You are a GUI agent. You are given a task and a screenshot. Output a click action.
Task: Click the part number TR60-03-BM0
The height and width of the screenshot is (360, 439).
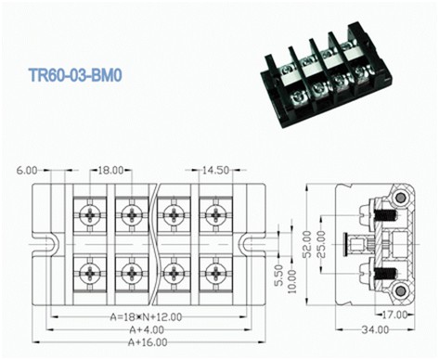[x=75, y=75]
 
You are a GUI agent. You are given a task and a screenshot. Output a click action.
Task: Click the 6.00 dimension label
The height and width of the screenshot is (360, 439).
[x=27, y=171]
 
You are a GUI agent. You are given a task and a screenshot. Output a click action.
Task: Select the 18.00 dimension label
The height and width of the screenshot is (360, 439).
[x=110, y=170]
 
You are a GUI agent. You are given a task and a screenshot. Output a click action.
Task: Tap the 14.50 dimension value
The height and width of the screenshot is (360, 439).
[x=216, y=170]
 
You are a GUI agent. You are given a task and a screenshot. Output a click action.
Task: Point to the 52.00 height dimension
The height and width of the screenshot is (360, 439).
[x=307, y=244]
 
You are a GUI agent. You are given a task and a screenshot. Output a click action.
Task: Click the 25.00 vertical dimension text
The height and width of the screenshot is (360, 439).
[x=321, y=244]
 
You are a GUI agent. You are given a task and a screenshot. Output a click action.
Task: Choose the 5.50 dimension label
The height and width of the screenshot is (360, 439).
[x=278, y=276]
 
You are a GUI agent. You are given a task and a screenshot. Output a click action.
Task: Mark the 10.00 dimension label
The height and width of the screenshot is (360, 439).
[x=292, y=281]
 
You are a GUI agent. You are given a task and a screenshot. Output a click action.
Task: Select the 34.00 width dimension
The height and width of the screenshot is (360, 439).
[x=375, y=329]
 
